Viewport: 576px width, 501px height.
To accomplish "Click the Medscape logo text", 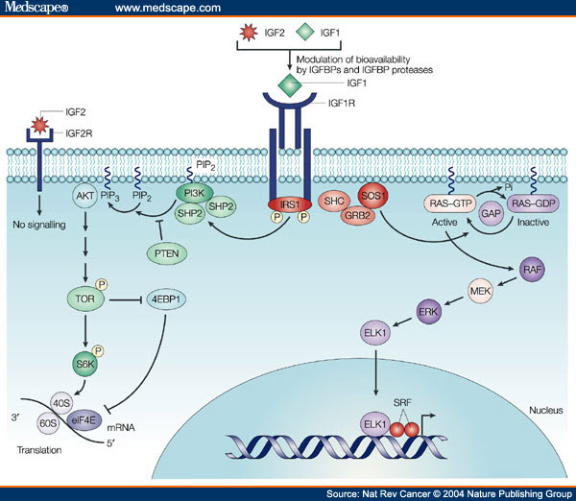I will (32, 9).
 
